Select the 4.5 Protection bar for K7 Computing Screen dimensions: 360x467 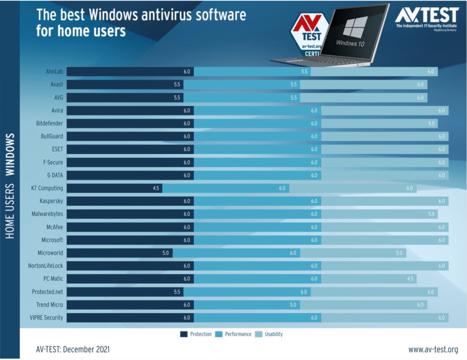coord(114,188)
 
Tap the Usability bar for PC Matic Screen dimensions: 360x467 coord(368,278)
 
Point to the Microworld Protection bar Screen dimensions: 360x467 coord(119,252)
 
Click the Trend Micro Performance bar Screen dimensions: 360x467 coord(247,304)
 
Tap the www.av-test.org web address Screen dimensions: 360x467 coord(433,350)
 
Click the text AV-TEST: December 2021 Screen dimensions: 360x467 coord(73,350)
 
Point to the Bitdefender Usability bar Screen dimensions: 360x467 coord(379,123)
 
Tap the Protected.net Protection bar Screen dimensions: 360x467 coord(125,291)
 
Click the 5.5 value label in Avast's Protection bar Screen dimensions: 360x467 coord(176,85)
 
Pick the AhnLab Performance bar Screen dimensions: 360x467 coord(252,72)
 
